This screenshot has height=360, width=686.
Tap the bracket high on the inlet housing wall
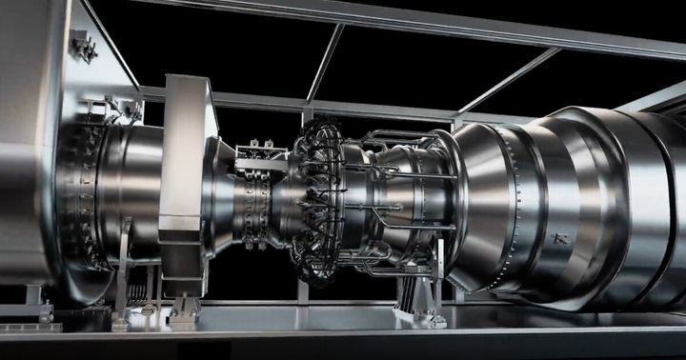(x=83, y=45)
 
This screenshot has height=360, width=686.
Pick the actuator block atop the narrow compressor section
(x=260, y=156)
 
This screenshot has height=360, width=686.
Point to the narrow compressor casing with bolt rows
(x=257, y=205)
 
